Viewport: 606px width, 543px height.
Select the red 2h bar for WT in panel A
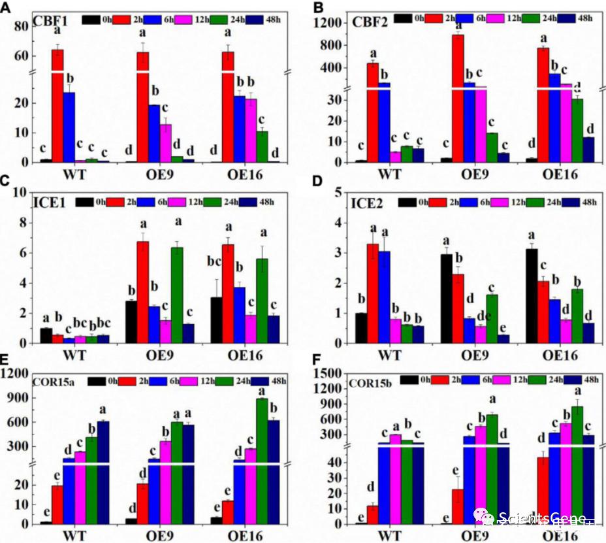click(x=57, y=105)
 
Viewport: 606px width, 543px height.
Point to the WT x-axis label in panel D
click(x=389, y=357)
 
